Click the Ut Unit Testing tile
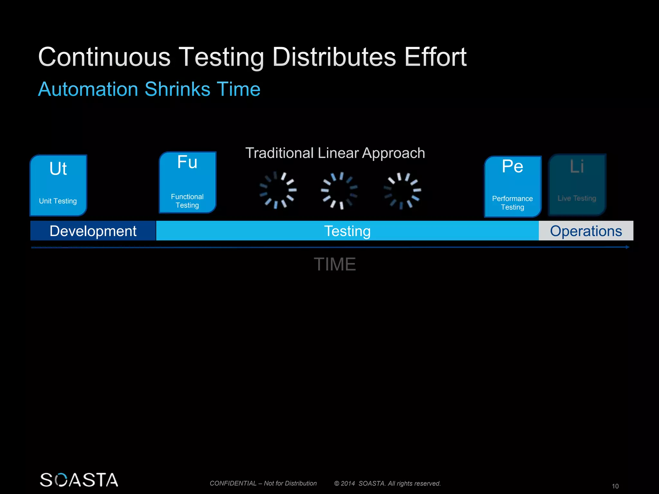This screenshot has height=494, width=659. click(58, 185)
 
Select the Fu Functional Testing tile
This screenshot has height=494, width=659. click(188, 182)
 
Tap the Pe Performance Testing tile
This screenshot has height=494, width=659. click(513, 187)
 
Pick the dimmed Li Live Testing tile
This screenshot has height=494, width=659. click(577, 185)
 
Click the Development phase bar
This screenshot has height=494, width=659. click(93, 231)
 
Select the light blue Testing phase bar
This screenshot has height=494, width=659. click(347, 231)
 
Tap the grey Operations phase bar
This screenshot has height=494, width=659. click(586, 231)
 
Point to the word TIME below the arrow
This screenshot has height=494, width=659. click(335, 264)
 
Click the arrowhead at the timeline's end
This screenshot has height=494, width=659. click(627, 247)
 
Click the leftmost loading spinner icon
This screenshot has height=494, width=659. click(278, 190)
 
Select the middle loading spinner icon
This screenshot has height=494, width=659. click(339, 190)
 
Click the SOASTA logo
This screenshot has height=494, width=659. click(79, 480)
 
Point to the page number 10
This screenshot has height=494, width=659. click(615, 486)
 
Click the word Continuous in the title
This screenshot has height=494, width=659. click(104, 57)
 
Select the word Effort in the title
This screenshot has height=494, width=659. click(435, 57)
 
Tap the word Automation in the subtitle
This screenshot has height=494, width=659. click(88, 89)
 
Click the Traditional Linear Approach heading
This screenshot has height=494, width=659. click(335, 153)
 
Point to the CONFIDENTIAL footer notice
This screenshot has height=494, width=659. click(263, 483)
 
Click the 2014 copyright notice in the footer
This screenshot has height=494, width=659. click(387, 483)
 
